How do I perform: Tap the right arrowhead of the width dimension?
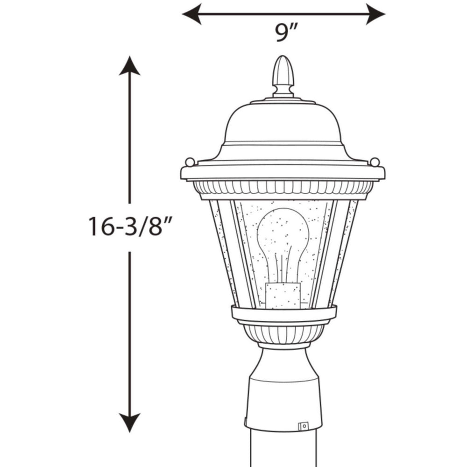pyautogui.click(x=376, y=14)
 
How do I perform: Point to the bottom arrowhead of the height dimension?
pyautogui.click(x=129, y=422)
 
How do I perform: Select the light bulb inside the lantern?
pyautogui.click(x=283, y=238)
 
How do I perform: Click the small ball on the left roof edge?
pyautogui.click(x=190, y=162)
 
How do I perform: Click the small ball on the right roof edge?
pyautogui.click(x=375, y=162)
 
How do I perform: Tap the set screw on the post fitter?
pyautogui.click(x=304, y=425)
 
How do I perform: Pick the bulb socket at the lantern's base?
pyautogui.click(x=283, y=295)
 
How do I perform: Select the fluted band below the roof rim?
pyautogui.click(x=283, y=188)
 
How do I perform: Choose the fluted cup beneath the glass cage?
pyautogui.click(x=283, y=333)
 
